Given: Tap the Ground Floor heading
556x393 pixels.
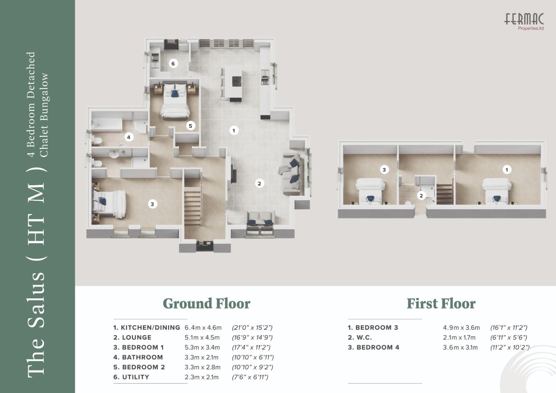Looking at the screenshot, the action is pyautogui.click(x=206, y=304).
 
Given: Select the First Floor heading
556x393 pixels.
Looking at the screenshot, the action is pyautogui.click(x=441, y=304).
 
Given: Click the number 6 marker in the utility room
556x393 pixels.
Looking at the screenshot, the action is pyautogui.click(x=173, y=64).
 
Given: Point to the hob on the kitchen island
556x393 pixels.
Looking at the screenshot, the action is pyautogui.click(x=237, y=81).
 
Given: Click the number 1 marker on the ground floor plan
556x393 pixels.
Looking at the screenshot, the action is pyautogui.click(x=233, y=130).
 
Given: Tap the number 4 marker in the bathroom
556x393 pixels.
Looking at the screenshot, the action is pyautogui.click(x=129, y=137).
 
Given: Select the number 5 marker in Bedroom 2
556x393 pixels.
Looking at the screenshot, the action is pyautogui.click(x=190, y=126).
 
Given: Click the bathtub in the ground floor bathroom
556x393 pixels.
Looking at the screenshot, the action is pyautogui.click(x=107, y=124).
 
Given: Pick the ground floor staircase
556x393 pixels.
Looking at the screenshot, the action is pyautogui.click(x=192, y=206).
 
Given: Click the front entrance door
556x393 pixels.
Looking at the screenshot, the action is pyautogui.click(x=205, y=246).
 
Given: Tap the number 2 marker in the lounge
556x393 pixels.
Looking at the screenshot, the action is pyautogui.click(x=259, y=184).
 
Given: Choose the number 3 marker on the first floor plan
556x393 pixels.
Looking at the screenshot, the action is pyautogui.click(x=384, y=170).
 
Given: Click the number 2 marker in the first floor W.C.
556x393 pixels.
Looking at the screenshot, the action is pyautogui.click(x=421, y=196).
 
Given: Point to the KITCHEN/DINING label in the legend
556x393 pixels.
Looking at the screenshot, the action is pyautogui.click(x=146, y=327).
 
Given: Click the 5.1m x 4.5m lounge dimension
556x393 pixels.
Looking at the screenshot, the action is pyautogui.click(x=202, y=337).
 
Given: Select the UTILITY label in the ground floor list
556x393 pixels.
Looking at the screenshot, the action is pyautogui.click(x=131, y=377).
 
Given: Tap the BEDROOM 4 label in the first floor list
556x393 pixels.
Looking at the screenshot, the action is pyautogui.click(x=374, y=348).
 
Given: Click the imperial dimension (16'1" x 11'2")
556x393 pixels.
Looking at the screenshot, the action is pyautogui.click(x=509, y=327).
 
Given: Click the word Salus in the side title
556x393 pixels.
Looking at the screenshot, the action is pyautogui.click(x=36, y=300).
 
